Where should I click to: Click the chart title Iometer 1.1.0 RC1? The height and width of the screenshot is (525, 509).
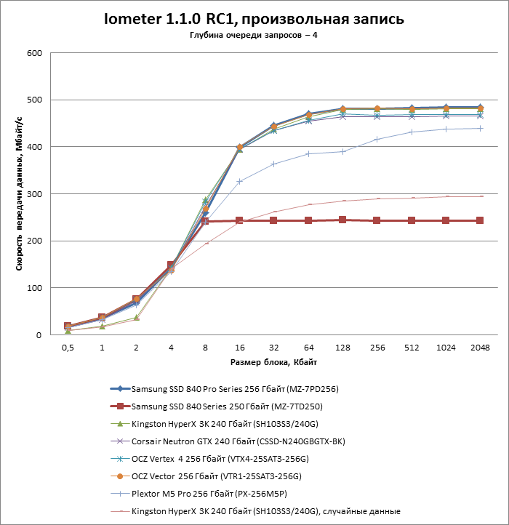[x=254, y=19]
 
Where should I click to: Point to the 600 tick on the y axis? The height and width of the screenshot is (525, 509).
[x=33, y=53]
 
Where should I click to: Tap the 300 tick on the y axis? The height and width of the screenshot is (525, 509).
[x=33, y=194]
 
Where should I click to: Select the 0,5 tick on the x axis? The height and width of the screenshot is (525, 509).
[x=67, y=348]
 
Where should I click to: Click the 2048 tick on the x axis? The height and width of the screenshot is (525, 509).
[x=480, y=348]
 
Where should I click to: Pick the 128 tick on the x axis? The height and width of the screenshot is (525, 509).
[x=342, y=348]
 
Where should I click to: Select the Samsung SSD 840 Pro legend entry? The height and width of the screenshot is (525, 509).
[x=234, y=389]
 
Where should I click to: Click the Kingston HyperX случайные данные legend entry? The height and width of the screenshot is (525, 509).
[x=266, y=511]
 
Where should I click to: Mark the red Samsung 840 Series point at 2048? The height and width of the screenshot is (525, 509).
[x=480, y=220]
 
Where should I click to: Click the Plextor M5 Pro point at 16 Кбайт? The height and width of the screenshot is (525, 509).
[x=239, y=181]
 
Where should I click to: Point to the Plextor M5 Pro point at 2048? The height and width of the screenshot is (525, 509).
[x=480, y=128]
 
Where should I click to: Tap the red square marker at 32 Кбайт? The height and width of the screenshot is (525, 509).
[x=273, y=220]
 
